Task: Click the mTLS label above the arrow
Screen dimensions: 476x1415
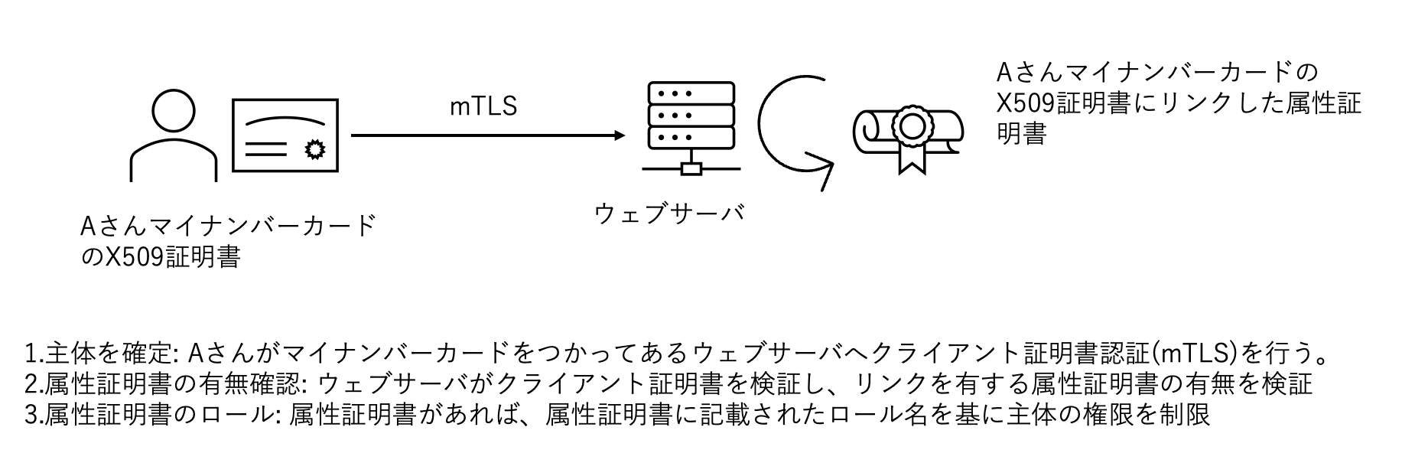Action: (483, 106)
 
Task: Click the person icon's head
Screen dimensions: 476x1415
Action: (174, 111)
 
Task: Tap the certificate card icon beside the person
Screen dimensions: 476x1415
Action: (285, 139)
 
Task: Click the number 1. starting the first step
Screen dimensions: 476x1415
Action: (34, 354)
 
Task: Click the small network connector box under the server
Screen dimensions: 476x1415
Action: (691, 168)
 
